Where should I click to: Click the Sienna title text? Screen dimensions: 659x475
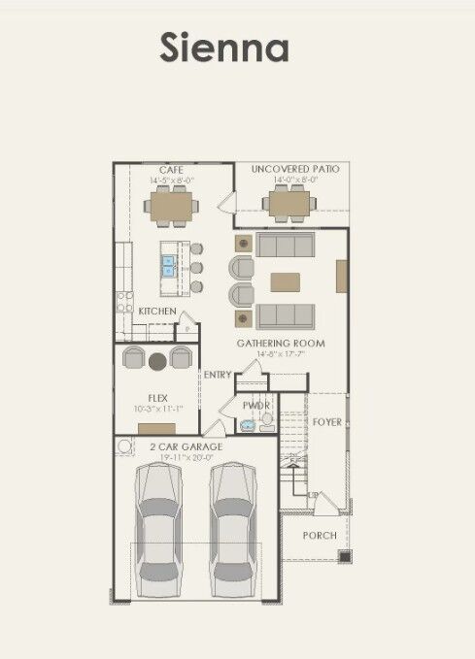point(224,48)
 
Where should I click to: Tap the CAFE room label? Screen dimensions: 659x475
point(172,170)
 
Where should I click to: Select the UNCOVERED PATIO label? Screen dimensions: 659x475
point(295,170)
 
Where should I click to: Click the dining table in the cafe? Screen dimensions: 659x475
point(172,206)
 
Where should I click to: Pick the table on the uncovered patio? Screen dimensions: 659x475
point(288,204)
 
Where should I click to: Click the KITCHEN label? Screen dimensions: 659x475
point(157,311)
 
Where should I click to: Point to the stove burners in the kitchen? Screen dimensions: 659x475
point(124,302)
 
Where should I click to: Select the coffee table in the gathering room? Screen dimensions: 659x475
point(286,281)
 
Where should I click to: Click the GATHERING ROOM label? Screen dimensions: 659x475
point(281,344)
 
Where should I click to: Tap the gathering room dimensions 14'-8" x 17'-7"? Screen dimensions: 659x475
point(281,354)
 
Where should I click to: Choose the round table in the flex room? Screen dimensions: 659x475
point(157,362)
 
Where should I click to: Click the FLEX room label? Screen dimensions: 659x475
point(157,398)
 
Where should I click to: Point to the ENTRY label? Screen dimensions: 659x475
point(217,375)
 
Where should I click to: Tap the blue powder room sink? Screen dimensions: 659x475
point(247,424)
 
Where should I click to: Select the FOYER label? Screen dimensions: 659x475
point(326,422)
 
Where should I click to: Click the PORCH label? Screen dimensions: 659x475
point(319,536)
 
